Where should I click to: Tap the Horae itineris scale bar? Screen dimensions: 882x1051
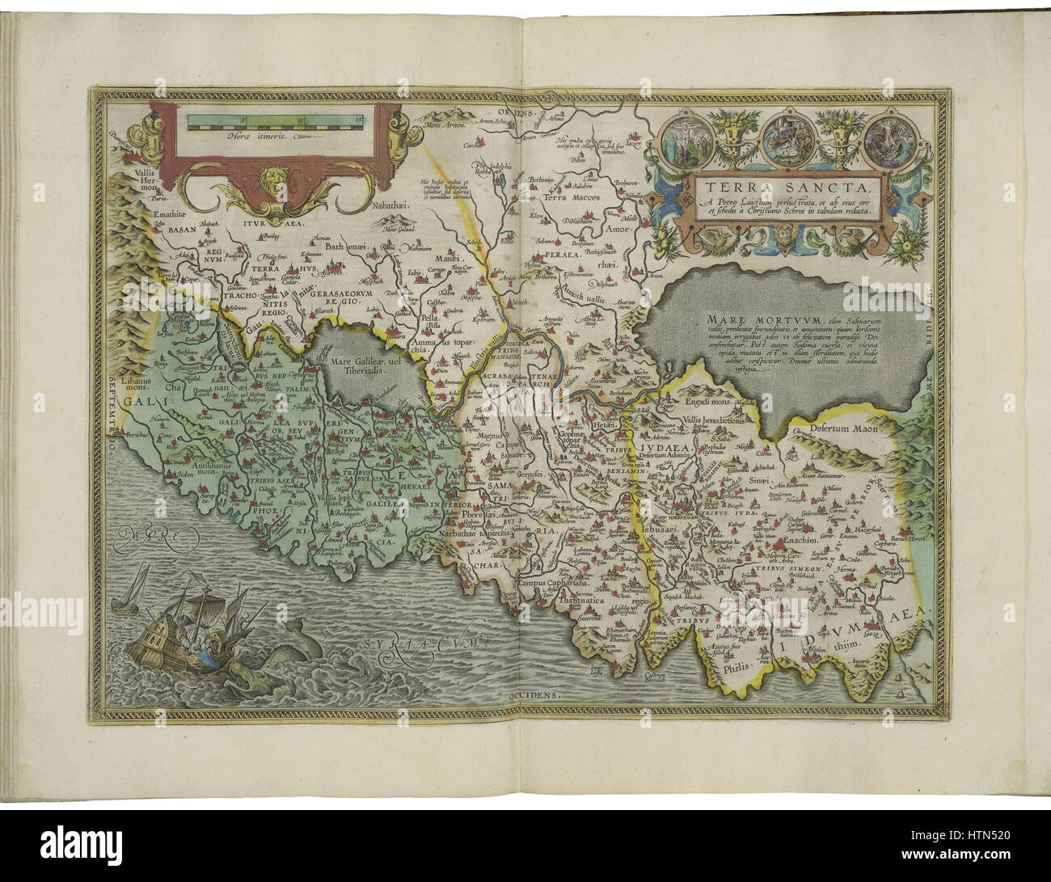click(276, 123)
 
